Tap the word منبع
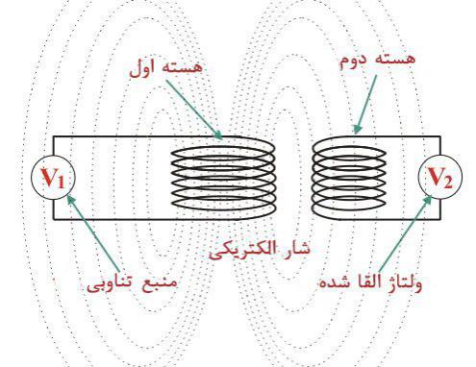(x=167, y=283)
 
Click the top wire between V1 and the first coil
(x=111, y=134)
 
